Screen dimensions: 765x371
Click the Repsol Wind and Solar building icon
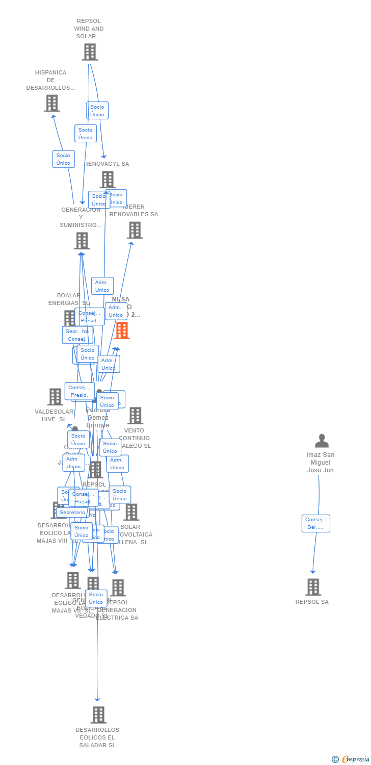point(90,52)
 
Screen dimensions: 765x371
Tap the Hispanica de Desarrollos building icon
point(51,103)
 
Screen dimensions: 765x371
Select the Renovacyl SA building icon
point(108,180)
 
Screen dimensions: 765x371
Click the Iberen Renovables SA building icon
point(135,230)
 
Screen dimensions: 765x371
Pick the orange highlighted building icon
point(122,330)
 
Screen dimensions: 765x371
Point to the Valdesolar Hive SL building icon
point(55,397)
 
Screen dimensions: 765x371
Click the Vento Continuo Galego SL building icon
point(135,416)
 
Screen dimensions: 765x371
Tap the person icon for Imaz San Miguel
point(322,441)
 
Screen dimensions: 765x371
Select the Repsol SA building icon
point(313,587)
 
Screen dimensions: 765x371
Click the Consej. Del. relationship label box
point(316,523)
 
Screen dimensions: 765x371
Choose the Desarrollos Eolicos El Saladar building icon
point(98,715)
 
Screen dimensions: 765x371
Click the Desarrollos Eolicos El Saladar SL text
point(97,737)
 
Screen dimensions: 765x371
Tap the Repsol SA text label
point(312,602)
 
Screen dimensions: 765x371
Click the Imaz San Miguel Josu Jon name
point(321,463)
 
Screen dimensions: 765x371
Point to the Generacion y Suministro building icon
point(82,241)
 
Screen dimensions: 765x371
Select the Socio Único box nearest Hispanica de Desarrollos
point(63,159)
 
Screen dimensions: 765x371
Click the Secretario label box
point(72,513)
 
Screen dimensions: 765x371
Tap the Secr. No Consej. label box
point(77,335)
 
